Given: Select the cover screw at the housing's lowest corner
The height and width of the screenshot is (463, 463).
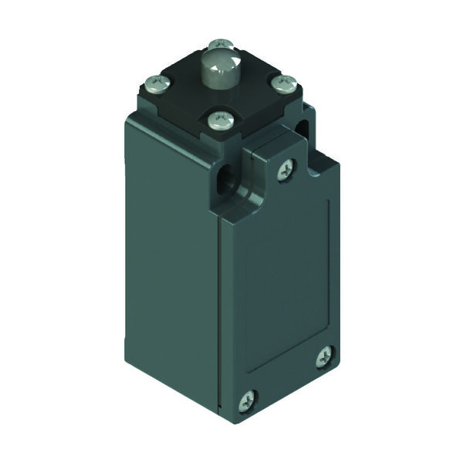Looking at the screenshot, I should click(x=248, y=399).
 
